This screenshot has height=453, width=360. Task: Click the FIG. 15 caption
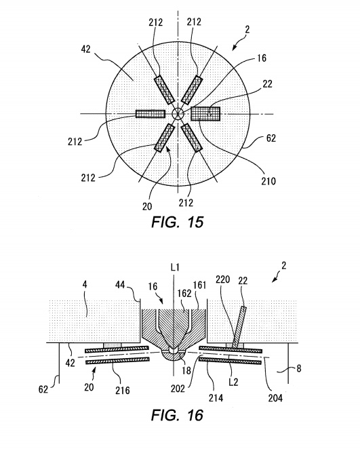pos(178,222)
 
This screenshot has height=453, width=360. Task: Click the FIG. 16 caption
pos(177,415)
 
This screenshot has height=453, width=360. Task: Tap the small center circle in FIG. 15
pos(178,113)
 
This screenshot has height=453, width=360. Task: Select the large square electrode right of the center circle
pos(205,113)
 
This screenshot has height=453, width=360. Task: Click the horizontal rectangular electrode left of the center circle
pos(151,114)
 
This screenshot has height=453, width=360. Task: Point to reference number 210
pos(268,182)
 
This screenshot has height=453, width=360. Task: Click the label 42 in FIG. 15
pos(85,49)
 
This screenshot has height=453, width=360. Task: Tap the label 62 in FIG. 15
pos(271,138)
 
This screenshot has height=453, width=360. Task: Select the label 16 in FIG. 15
pos(262,58)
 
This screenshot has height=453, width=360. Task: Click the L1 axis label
pos(175,267)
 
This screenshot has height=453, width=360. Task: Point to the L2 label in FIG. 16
pos(233,382)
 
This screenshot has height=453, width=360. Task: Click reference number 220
pos(223,279)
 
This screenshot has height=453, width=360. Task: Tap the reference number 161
pos(199,285)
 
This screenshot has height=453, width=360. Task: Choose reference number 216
pos(123,391)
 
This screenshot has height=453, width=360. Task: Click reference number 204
pos(275,398)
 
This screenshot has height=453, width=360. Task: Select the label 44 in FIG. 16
pos(120,285)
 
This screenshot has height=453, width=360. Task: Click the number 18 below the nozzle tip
pos(186,370)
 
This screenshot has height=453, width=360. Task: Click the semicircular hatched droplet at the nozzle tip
pos(174,356)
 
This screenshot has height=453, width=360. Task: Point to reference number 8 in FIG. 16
pos(299,368)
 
